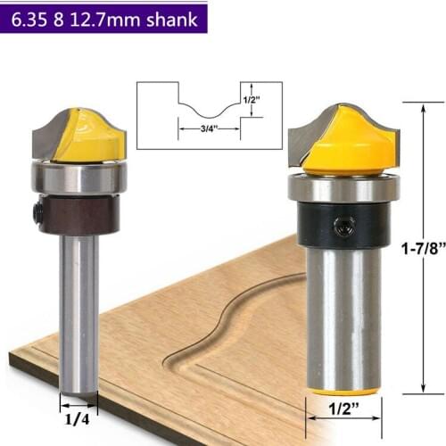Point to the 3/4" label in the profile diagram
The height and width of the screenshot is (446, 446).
pyautogui.click(x=195, y=129)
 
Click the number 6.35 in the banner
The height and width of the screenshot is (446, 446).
pyautogui.click(x=30, y=18)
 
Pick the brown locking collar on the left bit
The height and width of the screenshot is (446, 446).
pyautogui.click(x=80, y=214)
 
